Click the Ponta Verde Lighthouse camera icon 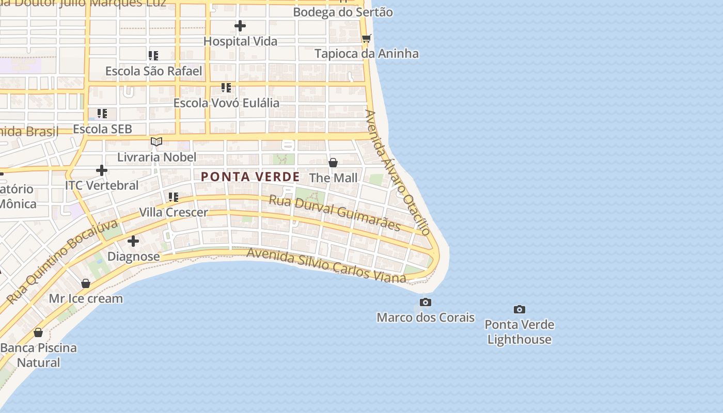point(520,310)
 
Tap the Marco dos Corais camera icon point(425,302)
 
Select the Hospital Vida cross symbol point(240,26)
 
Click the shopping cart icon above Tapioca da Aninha point(367,38)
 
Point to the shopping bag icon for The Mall point(333,163)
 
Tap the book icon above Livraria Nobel point(156,141)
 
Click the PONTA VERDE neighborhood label point(250,177)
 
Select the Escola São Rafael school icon point(153,55)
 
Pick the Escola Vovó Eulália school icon point(226,88)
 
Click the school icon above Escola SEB point(102,113)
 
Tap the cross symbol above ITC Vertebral point(102,170)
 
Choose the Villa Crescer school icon point(174,197)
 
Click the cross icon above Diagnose point(133,241)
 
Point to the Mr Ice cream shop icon point(86,283)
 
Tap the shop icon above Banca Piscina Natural point(38,332)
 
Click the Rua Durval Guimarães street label point(335,213)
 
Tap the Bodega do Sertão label point(343,12)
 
